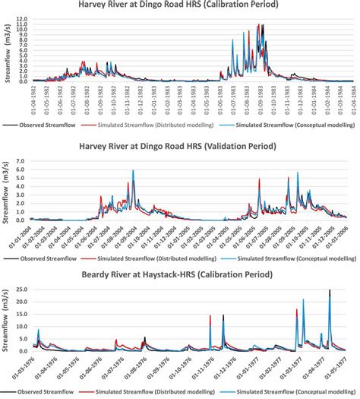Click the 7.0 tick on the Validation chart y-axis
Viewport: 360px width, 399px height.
(23, 162)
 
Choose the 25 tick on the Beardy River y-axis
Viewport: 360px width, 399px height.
(24, 290)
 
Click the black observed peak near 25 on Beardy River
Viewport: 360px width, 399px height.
(330, 291)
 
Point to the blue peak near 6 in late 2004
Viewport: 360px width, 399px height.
(134, 172)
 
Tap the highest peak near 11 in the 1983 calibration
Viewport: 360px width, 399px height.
(261, 26)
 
